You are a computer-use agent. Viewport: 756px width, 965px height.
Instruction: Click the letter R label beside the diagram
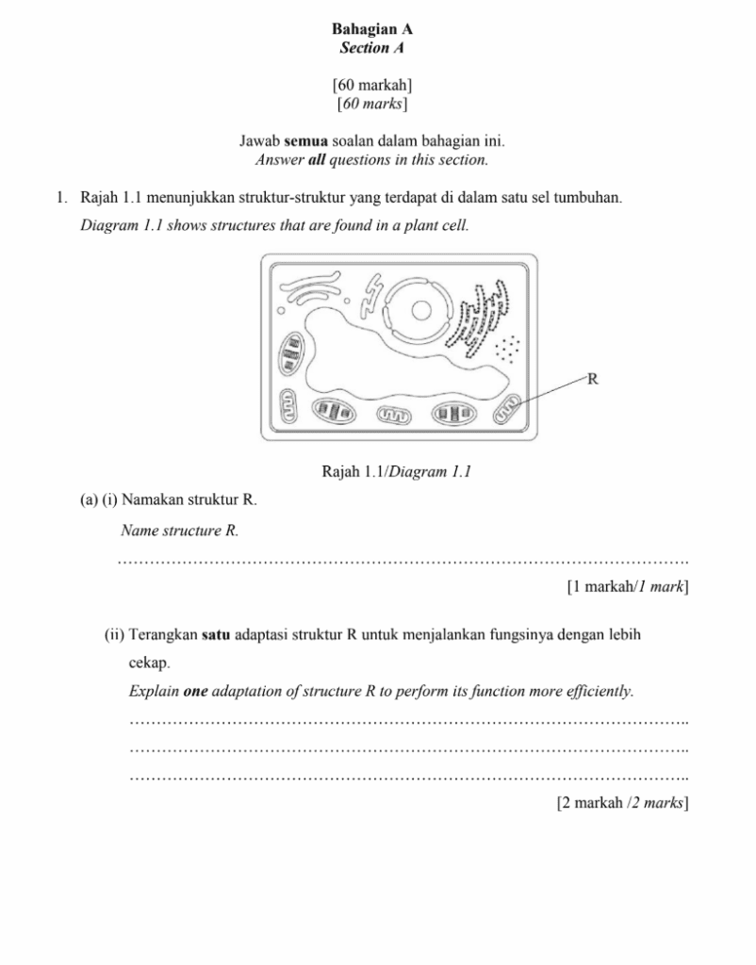[x=593, y=380]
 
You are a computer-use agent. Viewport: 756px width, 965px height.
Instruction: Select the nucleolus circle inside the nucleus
[x=421, y=310]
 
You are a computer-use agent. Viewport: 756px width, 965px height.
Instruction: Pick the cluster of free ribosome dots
[x=510, y=348]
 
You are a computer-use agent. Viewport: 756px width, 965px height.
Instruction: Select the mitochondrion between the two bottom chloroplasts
[x=394, y=414]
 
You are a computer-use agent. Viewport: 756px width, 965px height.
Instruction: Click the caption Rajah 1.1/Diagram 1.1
[x=396, y=471]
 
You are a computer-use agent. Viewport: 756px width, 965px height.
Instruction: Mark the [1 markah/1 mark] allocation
[x=627, y=587]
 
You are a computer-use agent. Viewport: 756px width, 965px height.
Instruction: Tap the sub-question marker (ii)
[x=114, y=634]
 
